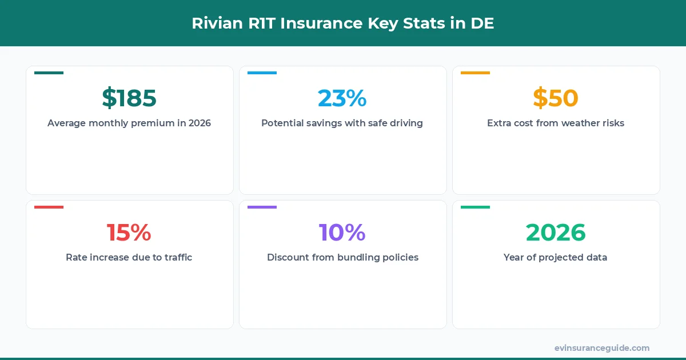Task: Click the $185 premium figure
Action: tap(129, 98)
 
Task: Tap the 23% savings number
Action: tap(342, 98)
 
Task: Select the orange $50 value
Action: tap(556, 98)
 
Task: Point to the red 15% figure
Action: tap(129, 233)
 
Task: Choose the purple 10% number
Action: tap(342, 233)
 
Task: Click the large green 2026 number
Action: tap(556, 233)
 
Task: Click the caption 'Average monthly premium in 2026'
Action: tap(129, 123)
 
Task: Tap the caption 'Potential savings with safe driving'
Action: tap(342, 123)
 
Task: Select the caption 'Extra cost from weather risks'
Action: tap(556, 123)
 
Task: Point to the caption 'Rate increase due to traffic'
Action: tap(129, 257)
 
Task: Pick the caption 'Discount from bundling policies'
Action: tap(342, 257)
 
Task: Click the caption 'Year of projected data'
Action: tap(556, 257)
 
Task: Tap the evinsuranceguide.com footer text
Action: tap(602, 347)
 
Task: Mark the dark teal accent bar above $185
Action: tap(49, 73)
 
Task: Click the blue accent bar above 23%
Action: tap(262, 73)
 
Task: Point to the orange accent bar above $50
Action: tap(476, 73)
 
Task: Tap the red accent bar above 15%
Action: tap(49, 207)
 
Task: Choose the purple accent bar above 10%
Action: tap(262, 207)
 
